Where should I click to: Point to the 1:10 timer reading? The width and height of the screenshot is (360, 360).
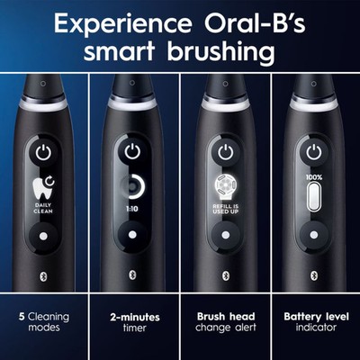click(x=133, y=208)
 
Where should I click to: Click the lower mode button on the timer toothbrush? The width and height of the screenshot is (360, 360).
click(x=133, y=236)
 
